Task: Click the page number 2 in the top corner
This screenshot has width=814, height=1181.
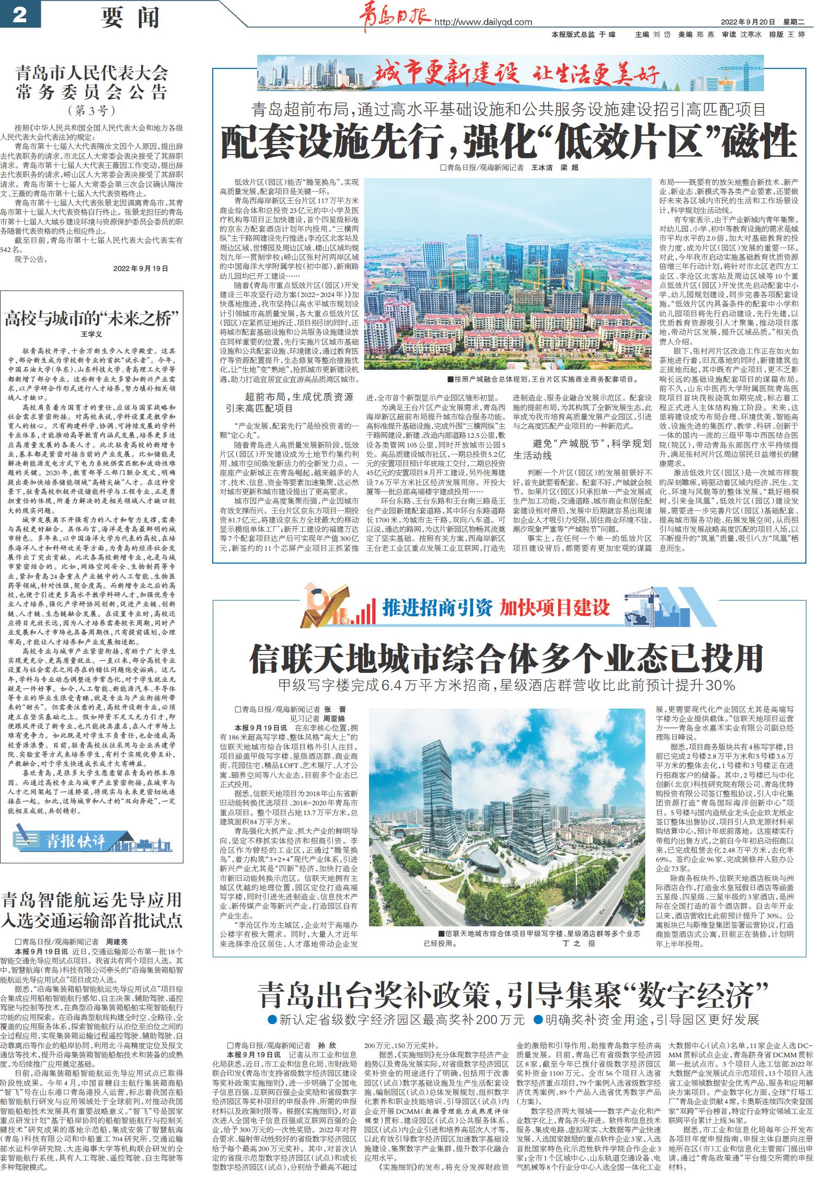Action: (x=20, y=15)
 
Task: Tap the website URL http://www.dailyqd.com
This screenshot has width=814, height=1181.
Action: (x=484, y=22)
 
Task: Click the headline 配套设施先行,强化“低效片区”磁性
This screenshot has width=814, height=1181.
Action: (x=508, y=141)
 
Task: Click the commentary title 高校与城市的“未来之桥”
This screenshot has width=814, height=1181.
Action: (x=91, y=318)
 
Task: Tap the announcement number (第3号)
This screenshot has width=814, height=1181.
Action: (x=91, y=111)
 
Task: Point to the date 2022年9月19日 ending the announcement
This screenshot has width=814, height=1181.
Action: (x=141, y=268)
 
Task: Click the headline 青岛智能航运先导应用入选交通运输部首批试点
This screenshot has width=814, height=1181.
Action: (x=91, y=909)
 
